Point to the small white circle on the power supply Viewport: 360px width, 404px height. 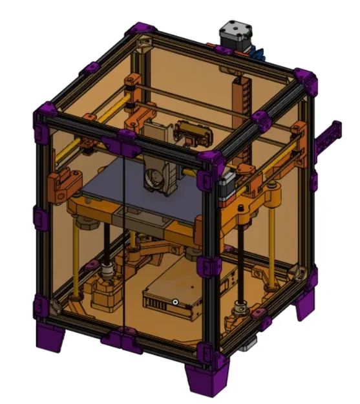175,302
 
